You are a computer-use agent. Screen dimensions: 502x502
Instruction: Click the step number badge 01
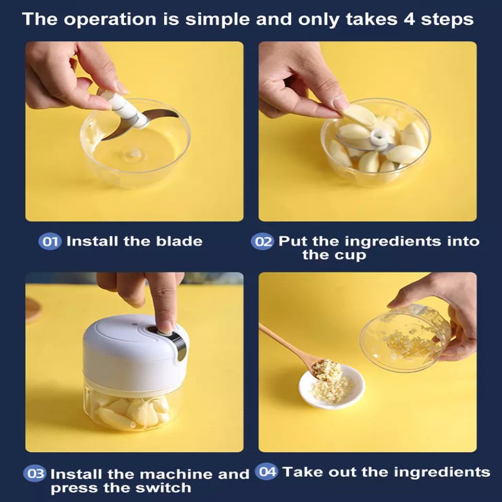coord(50,241)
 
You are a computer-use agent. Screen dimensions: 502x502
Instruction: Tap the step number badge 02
coord(263,241)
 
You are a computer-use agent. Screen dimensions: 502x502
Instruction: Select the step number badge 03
coord(35,473)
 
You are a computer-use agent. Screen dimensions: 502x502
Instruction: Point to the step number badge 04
coord(267,471)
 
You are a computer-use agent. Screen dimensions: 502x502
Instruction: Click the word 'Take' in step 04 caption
coord(303,471)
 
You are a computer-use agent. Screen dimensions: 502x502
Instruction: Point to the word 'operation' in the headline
coord(110,19)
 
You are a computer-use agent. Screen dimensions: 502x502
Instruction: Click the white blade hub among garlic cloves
coord(378,138)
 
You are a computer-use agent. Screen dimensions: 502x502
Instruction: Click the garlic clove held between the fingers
coord(359,115)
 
